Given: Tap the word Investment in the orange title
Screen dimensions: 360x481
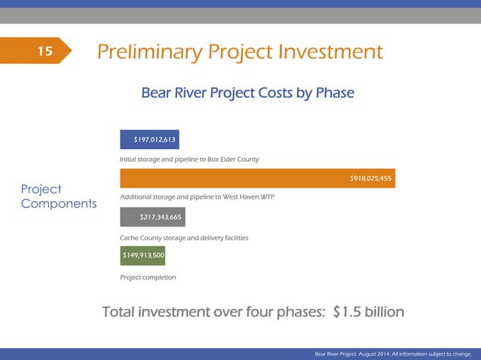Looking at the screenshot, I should pyautogui.click(x=331, y=52).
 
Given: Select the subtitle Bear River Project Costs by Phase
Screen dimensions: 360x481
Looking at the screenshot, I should pyautogui.click(x=247, y=93).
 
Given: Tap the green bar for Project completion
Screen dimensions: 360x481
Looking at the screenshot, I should pyautogui.click(x=142, y=256).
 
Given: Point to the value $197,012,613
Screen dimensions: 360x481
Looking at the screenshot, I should pyautogui.click(x=155, y=139).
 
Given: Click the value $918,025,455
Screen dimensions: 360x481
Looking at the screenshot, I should pyautogui.click(x=370, y=178).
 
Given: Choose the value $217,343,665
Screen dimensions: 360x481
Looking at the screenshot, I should pyautogui.click(x=161, y=218).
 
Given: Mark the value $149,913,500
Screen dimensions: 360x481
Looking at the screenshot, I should pyautogui.click(x=143, y=256).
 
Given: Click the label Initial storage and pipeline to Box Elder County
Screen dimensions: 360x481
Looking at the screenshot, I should pyautogui.click(x=189, y=160).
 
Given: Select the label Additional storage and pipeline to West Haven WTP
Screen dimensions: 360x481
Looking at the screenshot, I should pyautogui.click(x=197, y=197).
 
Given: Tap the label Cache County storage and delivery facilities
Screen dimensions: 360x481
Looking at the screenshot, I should pyautogui.click(x=184, y=238).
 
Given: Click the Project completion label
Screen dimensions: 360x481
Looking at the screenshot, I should pyautogui.click(x=148, y=277).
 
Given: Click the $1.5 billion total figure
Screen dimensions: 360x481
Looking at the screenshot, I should pyautogui.click(x=369, y=312).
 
